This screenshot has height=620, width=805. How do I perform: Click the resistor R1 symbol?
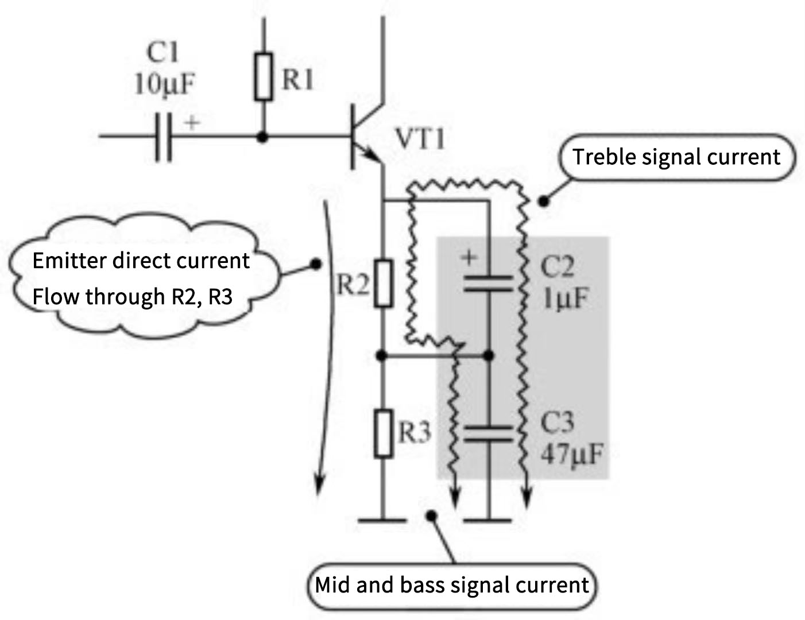(x=264, y=77)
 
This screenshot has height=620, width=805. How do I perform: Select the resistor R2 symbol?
(x=384, y=283)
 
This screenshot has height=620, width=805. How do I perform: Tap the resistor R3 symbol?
(x=384, y=434)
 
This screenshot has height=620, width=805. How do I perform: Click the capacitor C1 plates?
(x=163, y=137)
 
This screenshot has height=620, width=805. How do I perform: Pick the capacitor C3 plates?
(x=487, y=435)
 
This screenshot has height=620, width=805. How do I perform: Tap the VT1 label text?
(x=420, y=139)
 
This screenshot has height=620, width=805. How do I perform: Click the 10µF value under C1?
(x=164, y=85)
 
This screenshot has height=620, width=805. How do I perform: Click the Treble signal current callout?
(x=676, y=157)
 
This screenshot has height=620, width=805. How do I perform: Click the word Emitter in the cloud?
(x=69, y=261)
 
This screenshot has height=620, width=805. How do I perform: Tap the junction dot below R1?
(x=262, y=137)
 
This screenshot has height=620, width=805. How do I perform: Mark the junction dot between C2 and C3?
(x=488, y=356)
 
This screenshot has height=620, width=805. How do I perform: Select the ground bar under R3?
(x=381, y=520)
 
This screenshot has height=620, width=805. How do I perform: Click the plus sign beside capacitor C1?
(x=192, y=122)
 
